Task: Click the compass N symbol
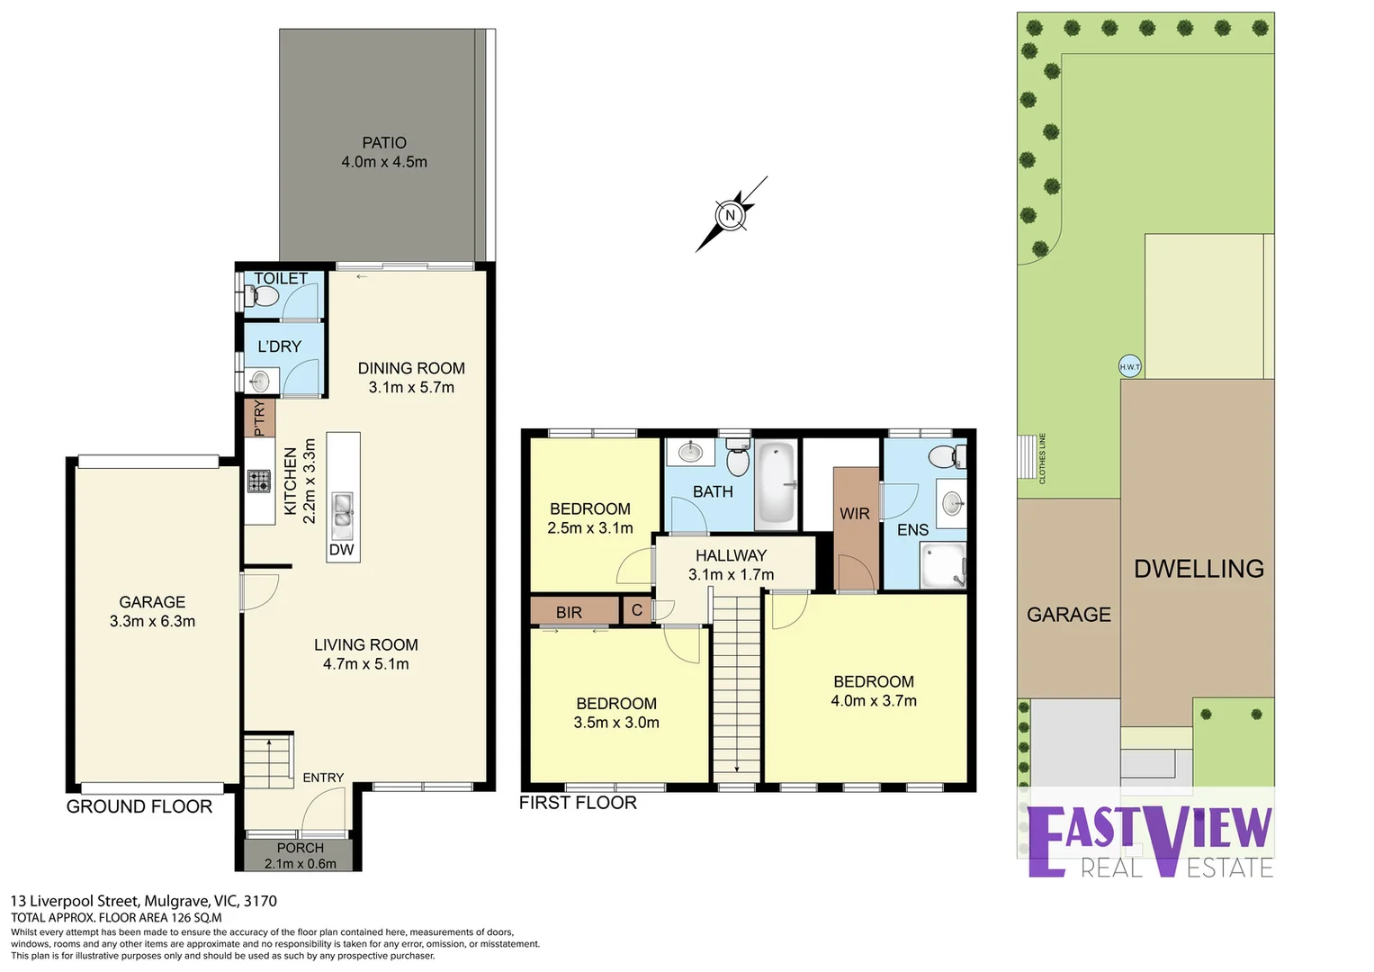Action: (x=730, y=215)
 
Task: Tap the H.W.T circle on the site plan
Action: (x=1130, y=366)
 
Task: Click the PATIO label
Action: (x=384, y=143)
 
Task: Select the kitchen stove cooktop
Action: (x=259, y=481)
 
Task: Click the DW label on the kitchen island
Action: (x=341, y=549)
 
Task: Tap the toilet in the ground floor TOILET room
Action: (x=261, y=297)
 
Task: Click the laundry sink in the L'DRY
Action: (x=260, y=381)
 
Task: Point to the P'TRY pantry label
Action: (x=259, y=418)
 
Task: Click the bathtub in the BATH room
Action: (x=777, y=484)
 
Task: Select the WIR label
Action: (x=855, y=514)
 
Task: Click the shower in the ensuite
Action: (x=943, y=565)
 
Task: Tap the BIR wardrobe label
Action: (x=569, y=612)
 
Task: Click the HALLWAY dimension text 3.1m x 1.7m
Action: (x=732, y=575)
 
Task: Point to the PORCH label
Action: (x=300, y=848)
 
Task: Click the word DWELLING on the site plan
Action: (x=1199, y=569)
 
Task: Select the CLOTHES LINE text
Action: (x=1042, y=458)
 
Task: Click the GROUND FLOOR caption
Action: (x=139, y=806)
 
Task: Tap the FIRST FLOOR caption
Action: (x=578, y=803)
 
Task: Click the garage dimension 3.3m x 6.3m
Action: (x=152, y=622)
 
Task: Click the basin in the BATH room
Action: (x=691, y=452)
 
